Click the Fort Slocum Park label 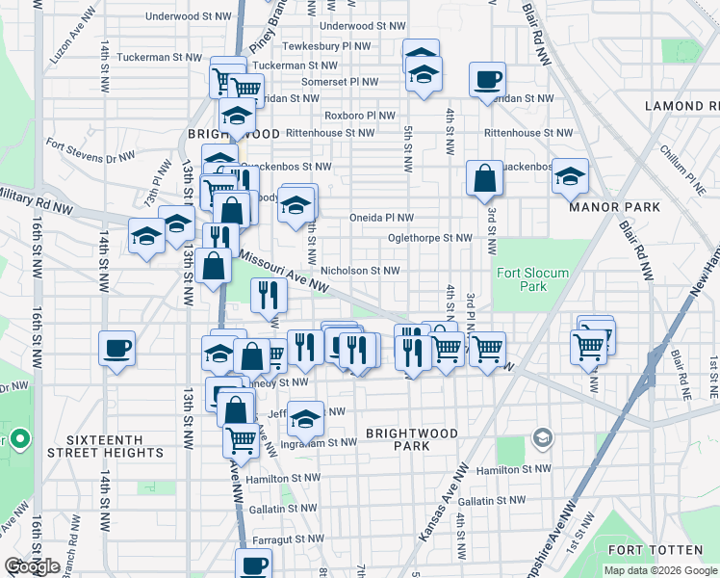(x=532, y=279)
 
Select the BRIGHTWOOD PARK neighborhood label (x=411, y=440)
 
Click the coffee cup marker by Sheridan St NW (x=488, y=81)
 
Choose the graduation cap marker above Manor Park (x=570, y=176)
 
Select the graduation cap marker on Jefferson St (x=305, y=418)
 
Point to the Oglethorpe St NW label (x=429, y=237)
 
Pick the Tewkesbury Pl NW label (x=330, y=45)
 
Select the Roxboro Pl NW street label (x=361, y=116)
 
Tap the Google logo (x=32, y=566)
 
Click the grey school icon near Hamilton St (x=543, y=439)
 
